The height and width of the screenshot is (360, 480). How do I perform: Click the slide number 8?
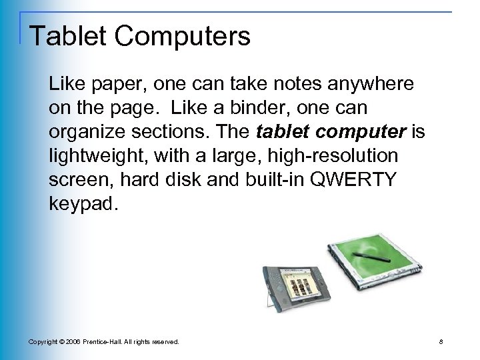[x=451, y=341]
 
